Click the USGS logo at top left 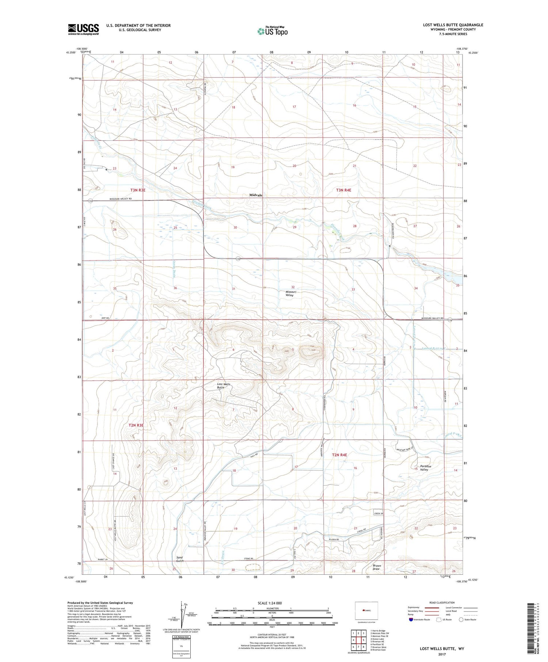pos(83,29)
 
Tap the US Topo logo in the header pos(272,31)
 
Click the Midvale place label pos(256,195)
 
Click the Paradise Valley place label pos(426,468)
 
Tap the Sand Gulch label pos(179,559)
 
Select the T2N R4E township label pos(339,455)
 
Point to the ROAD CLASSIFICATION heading pos(442,602)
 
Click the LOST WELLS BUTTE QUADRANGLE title pos(453,25)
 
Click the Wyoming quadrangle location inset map pos(366,611)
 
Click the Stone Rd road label pos(249,559)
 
